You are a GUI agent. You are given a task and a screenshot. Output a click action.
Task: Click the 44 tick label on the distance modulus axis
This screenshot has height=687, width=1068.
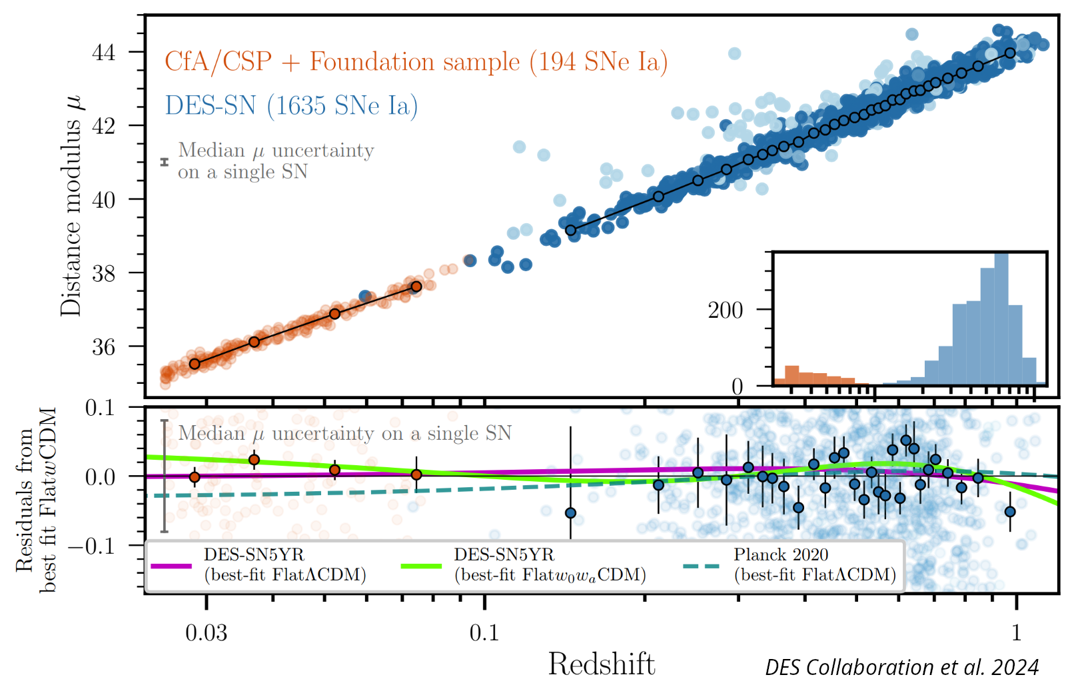(x=103, y=52)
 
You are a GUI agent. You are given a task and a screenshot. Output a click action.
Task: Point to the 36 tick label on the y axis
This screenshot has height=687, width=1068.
(x=103, y=347)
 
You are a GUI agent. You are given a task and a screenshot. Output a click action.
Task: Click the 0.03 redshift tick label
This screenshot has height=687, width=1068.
(x=206, y=632)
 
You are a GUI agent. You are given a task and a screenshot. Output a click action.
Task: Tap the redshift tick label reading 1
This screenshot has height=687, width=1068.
(x=1016, y=632)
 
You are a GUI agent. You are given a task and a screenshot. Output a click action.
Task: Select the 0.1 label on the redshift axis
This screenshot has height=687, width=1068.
(x=484, y=632)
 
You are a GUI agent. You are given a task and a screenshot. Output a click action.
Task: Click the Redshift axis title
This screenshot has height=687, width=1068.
(x=601, y=664)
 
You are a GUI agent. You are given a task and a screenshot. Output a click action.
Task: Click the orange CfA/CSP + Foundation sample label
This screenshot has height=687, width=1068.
(x=416, y=62)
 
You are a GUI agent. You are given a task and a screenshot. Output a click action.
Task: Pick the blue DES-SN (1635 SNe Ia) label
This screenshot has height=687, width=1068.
(x=291, y=106)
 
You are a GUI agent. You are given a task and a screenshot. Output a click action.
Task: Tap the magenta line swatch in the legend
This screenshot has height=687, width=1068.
(x=171, y=566)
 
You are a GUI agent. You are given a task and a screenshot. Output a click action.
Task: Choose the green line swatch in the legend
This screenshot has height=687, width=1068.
(x=421, y=566)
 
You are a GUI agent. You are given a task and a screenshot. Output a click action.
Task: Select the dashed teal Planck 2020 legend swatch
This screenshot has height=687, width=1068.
(x=702, y=566)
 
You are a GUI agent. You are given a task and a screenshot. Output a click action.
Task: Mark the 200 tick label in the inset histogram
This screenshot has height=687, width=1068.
(x=725, y=311)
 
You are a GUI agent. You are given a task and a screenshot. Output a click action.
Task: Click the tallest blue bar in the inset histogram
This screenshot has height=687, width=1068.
(x=1001, y=320)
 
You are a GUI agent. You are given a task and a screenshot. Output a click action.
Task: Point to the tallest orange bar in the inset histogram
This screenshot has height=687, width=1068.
(x=792, y=376)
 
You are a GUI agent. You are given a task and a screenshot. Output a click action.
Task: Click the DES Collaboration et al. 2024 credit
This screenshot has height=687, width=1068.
(x=901, y=667)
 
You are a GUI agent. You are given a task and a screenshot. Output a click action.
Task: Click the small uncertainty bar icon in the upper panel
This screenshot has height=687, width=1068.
(x=165, y=162)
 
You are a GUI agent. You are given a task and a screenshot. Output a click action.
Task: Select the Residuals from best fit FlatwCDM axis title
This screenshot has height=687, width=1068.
(x=36, y=500)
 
